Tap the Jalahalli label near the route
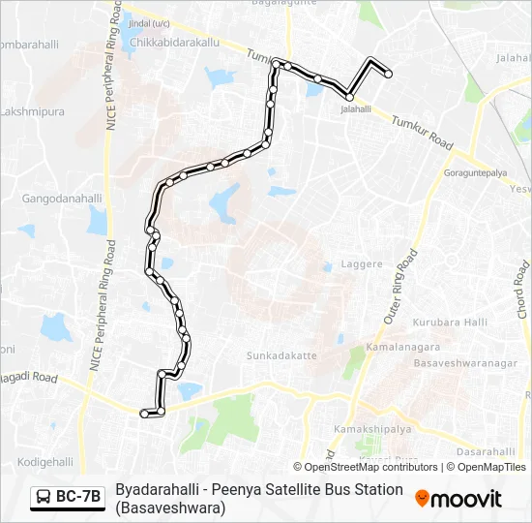pyautogui.click(x=356, y=109)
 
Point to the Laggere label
pyautogui.click(x=363, y=264)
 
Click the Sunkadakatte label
pyautogui.click(x=281, y=355)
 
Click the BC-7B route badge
pyautogui.click(x=68, y=497)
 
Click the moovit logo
pyautogui.click(x=458, y=499)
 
